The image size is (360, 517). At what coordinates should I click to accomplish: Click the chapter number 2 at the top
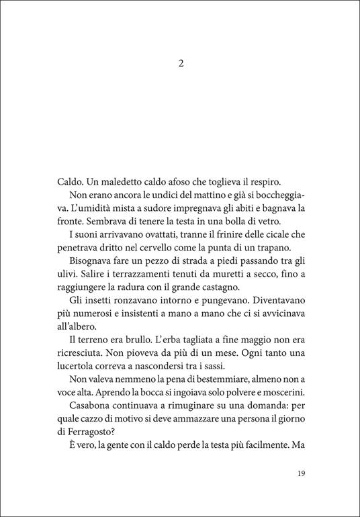click(180, 64)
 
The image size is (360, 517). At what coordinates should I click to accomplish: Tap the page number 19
click(301, 473)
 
